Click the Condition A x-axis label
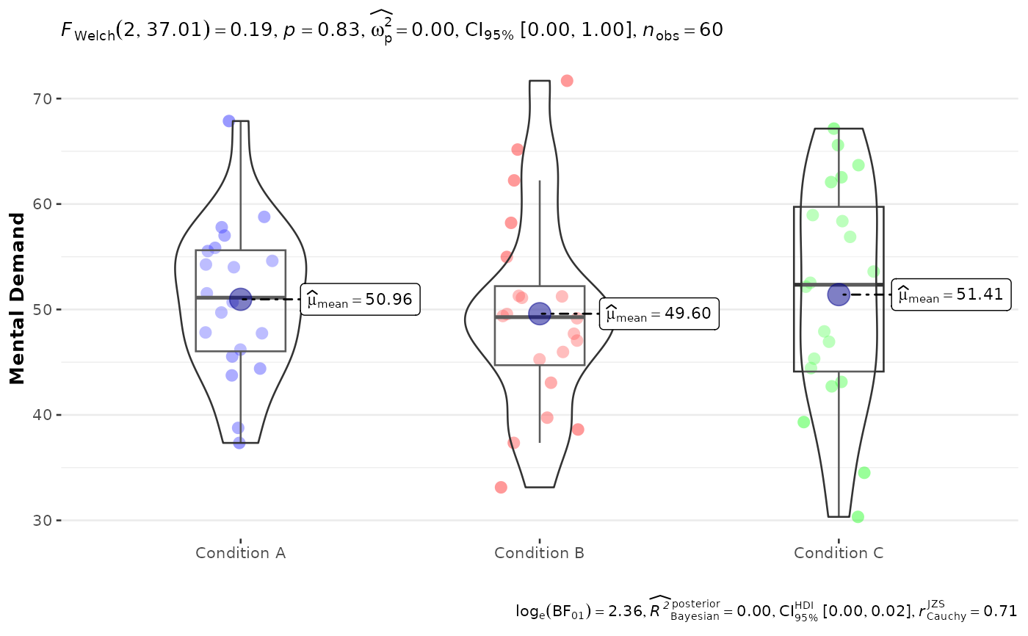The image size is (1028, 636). point(241,553)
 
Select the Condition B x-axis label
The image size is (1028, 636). point(539,553)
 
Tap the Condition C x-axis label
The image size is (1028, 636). point(839,553)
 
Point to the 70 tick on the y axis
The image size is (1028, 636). point(41,98)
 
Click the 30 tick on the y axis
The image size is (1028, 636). point(41,521)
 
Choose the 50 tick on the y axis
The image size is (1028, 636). point(41,309)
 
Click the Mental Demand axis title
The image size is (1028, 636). point(17,299)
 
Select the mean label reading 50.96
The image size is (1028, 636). point(361,299)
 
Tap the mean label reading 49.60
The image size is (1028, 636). point(659,314)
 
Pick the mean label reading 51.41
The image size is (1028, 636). point(951,294)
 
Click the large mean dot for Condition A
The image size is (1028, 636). point(241,299)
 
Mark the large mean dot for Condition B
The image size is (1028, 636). point(540,314)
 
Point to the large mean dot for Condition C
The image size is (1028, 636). point(839,294)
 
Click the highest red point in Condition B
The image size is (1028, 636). point(567,81)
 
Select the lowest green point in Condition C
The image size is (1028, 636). point(858,517)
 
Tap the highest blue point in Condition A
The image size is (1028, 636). point(229,121)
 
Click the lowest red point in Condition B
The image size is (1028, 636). point(501,488)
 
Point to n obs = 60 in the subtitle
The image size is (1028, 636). point(683,31)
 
